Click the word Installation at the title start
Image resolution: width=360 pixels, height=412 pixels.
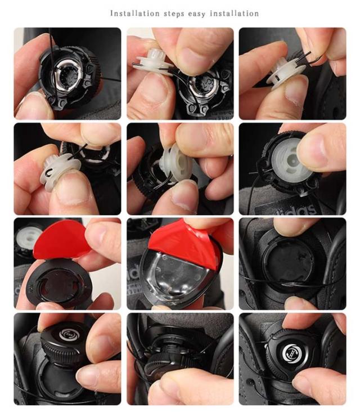[x=134, y=14]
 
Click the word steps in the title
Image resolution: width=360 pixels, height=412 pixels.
[x=174, y=14]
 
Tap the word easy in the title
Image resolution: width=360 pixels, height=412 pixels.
[x=197, y=14]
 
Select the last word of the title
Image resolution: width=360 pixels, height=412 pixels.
[x=235, y=14]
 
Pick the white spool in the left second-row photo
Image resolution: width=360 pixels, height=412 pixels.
[x=60, y=171]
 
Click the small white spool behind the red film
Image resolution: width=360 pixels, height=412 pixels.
[x=28, y=238]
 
